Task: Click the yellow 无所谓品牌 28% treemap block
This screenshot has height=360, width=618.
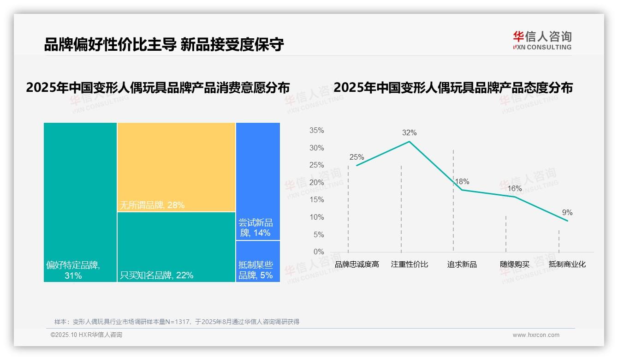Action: click(176, 167)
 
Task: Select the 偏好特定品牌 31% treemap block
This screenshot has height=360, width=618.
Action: click(80, 202)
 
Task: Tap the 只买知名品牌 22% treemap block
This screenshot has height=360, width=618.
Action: click(176, 247)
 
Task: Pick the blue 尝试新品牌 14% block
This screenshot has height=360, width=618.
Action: click(258, 181)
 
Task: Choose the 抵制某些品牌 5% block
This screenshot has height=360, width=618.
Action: click(258, 261)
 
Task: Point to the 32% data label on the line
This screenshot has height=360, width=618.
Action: click(409, 133)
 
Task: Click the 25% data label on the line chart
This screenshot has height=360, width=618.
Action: click(357, 157)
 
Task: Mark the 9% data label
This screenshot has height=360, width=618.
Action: click(567, 213)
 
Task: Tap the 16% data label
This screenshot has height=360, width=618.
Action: click(514, 189)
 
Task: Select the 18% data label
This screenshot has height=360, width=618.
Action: click(462, 181)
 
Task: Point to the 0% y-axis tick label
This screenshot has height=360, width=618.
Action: click(319, 252)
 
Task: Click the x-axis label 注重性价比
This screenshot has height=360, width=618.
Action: click(410, 264)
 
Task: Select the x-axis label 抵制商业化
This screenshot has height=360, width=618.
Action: click(567, 264)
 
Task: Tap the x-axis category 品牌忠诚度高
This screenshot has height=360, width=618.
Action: click(357, 264)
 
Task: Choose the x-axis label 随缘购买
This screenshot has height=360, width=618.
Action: click(515, 264)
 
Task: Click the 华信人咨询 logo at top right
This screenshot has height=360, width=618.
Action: click(542, 40)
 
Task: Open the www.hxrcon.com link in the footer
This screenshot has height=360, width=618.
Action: click(536, 335)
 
